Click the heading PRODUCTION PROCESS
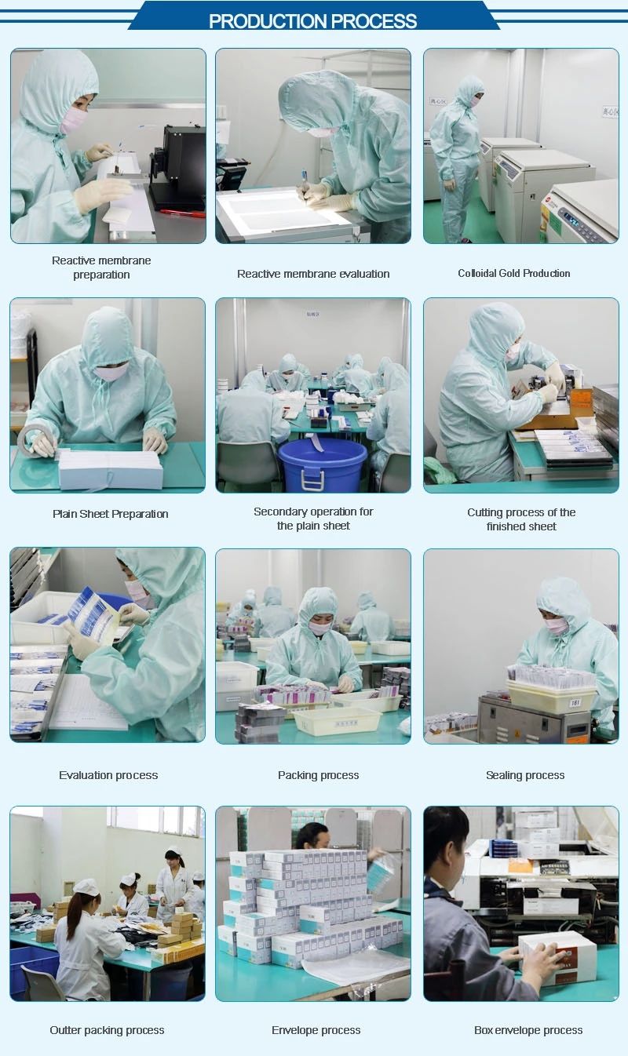click(312, 21)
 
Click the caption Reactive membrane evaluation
click(313, 274)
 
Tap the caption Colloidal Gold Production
click(514, 273)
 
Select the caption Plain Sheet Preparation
click(111, 514)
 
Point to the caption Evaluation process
click(108, 775)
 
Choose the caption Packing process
click(318, 775)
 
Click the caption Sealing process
click(525, 775)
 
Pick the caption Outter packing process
click(107, 1030)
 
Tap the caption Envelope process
click(316, 1030)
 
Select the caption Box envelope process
click(528, 1030)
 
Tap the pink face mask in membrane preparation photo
click(75, 120)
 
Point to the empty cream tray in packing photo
click(336, 720)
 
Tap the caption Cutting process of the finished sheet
click(521, 519)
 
